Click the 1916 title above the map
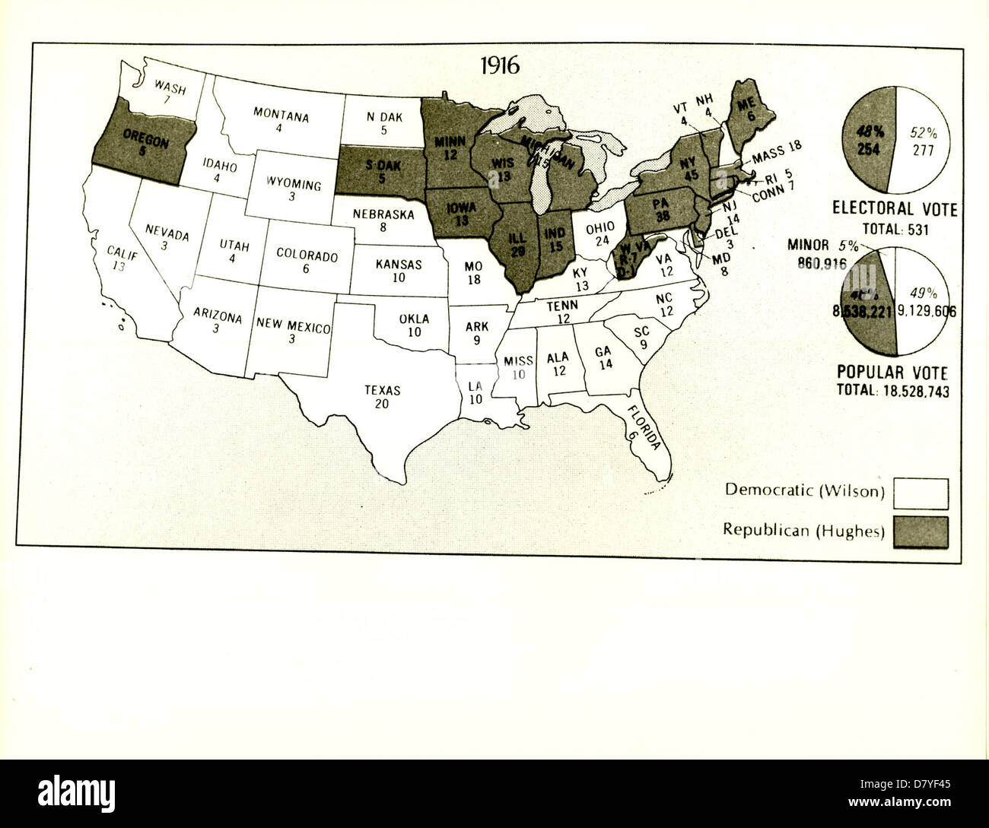(x=500, y=66)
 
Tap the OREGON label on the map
(x=145, y=139)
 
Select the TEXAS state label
(x=382, y=390)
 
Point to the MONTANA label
(x=281, y=116)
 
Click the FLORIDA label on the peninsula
(x=644, y=427)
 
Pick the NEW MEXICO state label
(x=293, y=325)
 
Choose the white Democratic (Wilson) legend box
(x=921, y=493)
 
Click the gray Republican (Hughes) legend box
(x=921, y=531)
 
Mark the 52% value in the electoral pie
(x=923, y=132)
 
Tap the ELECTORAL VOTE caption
(x=895, y=209)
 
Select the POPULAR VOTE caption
(x=892, y=373)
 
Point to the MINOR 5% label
(x=823, y=246)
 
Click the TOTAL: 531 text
(x=895, y=229)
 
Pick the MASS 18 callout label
(x=777, y=154)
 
